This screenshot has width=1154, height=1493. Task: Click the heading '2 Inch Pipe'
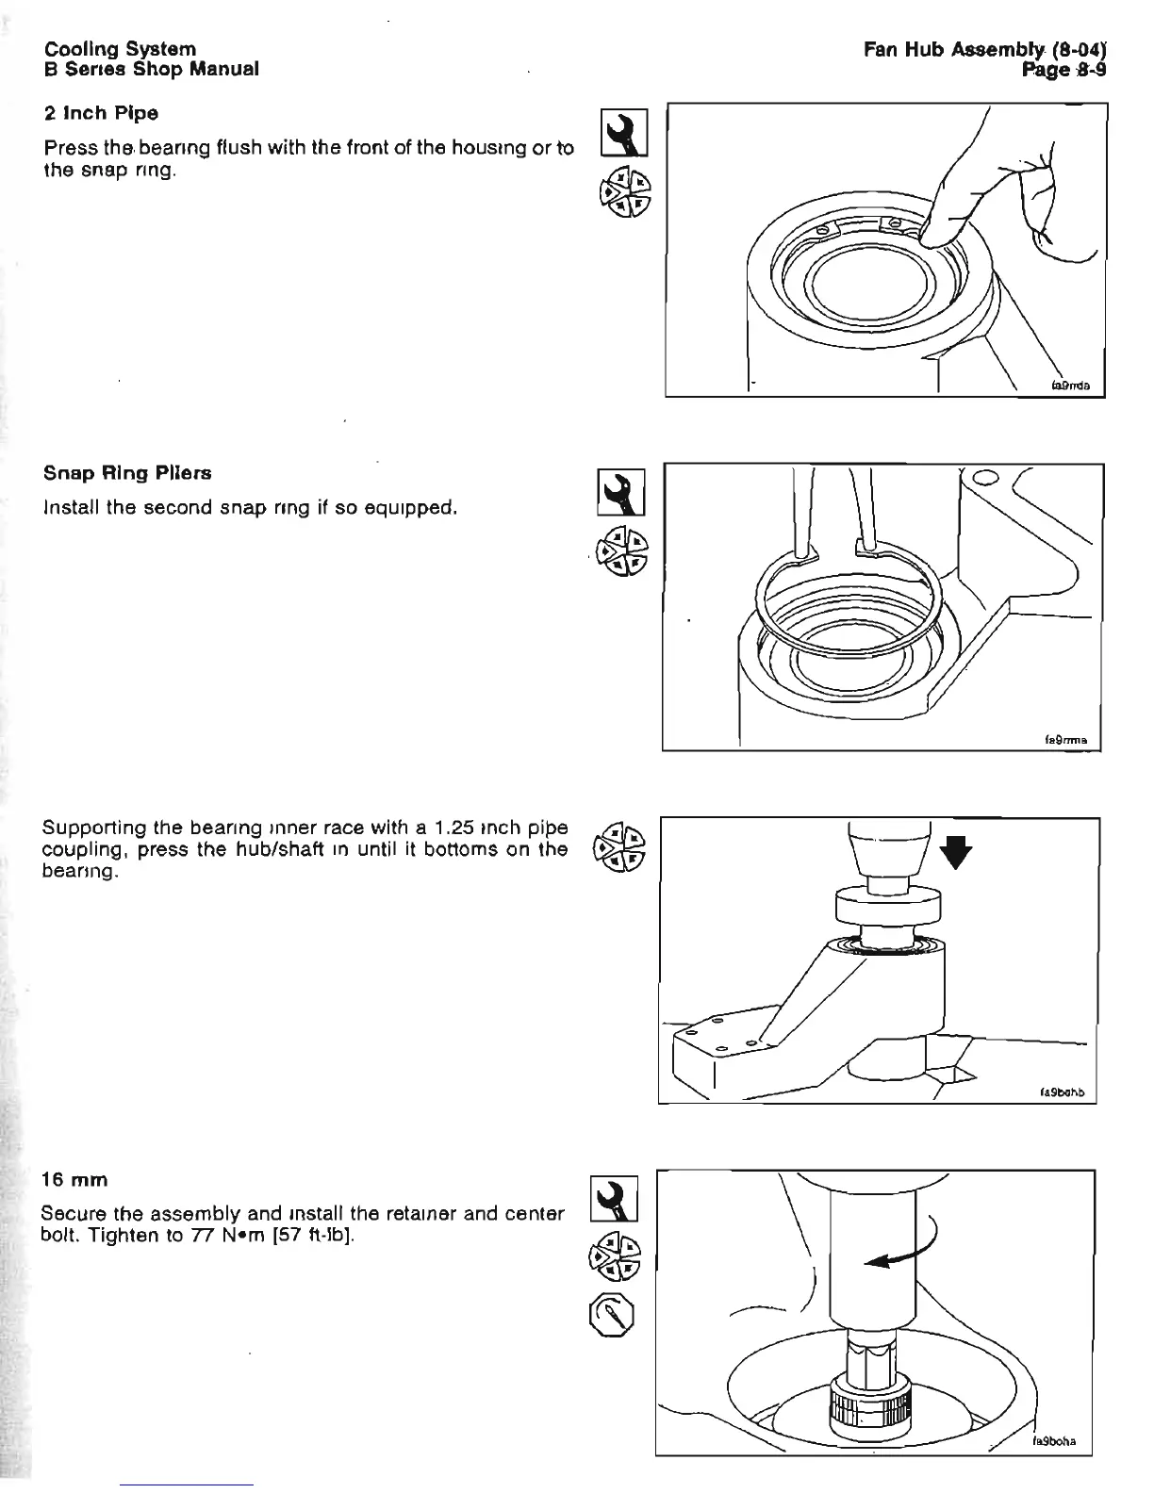tap(101, 114)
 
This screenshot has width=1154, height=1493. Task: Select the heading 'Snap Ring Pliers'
tap(127, 473)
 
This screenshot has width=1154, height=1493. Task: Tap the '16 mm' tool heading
tap(75, 1180)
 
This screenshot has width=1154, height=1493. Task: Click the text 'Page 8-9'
tap(1064, 69)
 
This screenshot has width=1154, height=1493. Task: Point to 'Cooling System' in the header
tap(120, 48)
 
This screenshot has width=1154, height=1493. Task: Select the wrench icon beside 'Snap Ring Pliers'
tap(621, 492)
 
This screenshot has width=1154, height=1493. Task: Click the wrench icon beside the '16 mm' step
tap(614, 1200)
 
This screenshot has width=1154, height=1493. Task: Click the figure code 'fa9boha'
tap(1054, 1441)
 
